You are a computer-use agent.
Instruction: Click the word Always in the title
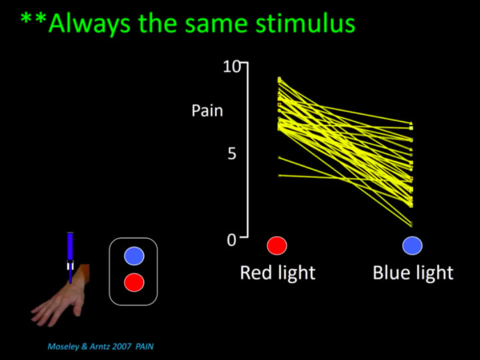(90, 24)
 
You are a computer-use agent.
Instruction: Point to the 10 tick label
(232, 67)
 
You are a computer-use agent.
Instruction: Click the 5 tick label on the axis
(232, 154)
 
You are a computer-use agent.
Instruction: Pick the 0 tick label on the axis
(232, 240)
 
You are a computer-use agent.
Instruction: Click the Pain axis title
(207, 110)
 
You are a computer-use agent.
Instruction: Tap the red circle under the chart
(277, 245)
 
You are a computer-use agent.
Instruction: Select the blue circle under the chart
(413, 245)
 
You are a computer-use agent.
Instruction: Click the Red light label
(277, 273)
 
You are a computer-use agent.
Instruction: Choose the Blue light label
(413, 273)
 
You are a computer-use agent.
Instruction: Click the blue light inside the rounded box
(134, 256)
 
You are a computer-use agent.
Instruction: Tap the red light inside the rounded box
(134, 282)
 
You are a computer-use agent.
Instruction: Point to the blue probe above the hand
(71, 257)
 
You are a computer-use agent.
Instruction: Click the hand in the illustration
(61, 297)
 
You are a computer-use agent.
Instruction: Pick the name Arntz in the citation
(99, 347)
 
